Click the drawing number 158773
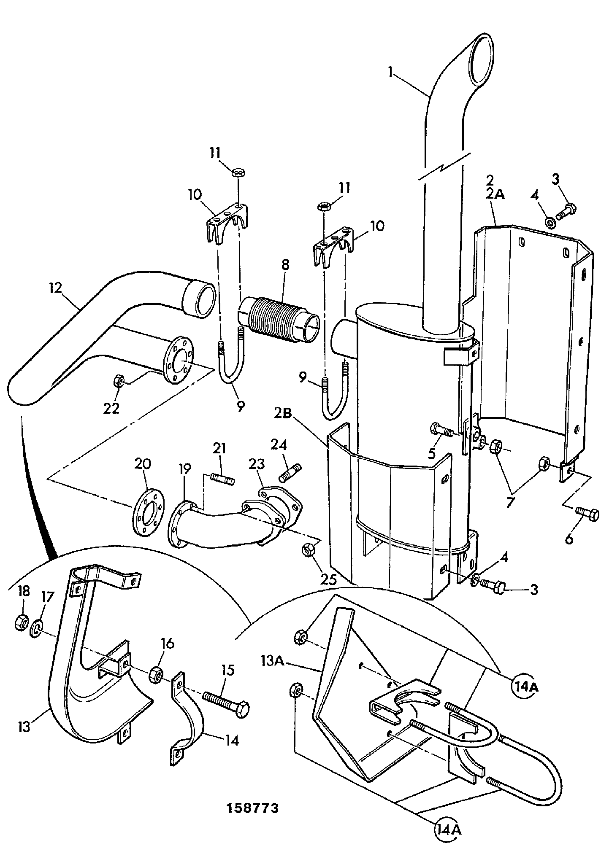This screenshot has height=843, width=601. pos(253,808)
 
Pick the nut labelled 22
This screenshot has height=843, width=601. pos(119,382)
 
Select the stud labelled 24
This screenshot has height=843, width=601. pos(290,472)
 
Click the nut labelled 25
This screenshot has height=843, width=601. pos(308,550)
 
